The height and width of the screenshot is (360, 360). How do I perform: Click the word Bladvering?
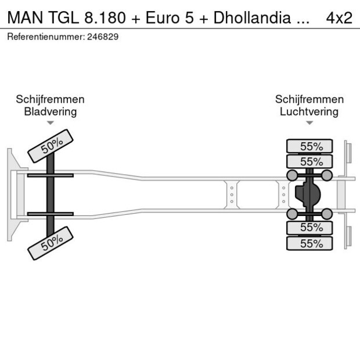pyautogui.click(x=50, y=111)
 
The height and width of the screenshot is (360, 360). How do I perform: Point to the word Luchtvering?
pyautogui.click(x=309, y=111)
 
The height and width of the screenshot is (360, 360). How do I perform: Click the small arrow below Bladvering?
pyautogui.click(x=51, y=123)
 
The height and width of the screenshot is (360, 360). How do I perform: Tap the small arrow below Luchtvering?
pyautogui.click(x=309, y=123)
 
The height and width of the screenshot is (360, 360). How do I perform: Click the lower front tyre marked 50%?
pyautogui.click(x=51, y=243)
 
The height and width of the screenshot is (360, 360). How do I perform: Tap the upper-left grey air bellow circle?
pyautogui.click(x=291, y=175)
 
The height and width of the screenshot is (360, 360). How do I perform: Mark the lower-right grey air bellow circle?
pyautogui.click(x=327, y=214)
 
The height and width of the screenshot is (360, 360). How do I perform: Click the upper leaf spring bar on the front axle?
pyautogui.click(x=51, y=175)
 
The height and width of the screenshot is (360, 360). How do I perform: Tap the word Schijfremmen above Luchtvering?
pyautogui.click(x=309, y=99)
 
